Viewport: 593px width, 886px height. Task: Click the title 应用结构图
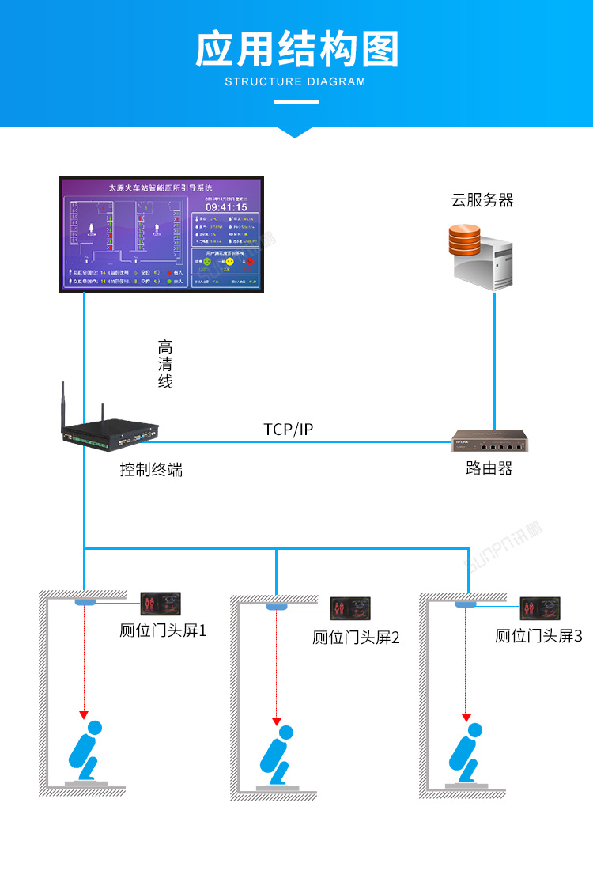coord(296,49)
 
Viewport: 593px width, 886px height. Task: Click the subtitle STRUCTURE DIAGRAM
coord(296,81)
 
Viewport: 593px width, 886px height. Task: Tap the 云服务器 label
coord(482,200)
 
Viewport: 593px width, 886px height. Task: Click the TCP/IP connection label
coord(289,430)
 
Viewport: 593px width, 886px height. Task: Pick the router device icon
coord(489,441)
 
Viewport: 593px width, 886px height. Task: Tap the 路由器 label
coord(489,468)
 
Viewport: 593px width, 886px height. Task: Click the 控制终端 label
coord(151,469)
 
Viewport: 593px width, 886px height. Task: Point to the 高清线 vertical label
coord(164,364)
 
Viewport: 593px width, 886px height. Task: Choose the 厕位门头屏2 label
coord(356,637)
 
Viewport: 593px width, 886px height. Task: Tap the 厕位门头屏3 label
coord(538,635)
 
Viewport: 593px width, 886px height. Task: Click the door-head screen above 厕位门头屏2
coord(349,608)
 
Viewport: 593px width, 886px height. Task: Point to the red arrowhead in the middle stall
coord(277,721)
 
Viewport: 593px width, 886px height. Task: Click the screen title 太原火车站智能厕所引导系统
coord(161,188)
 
